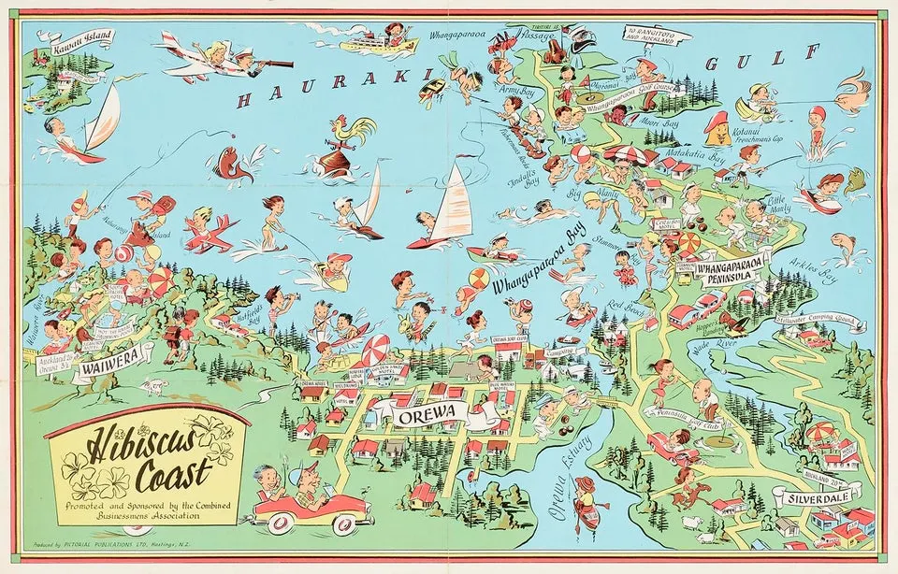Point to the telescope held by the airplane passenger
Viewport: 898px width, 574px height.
(270, 64)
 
